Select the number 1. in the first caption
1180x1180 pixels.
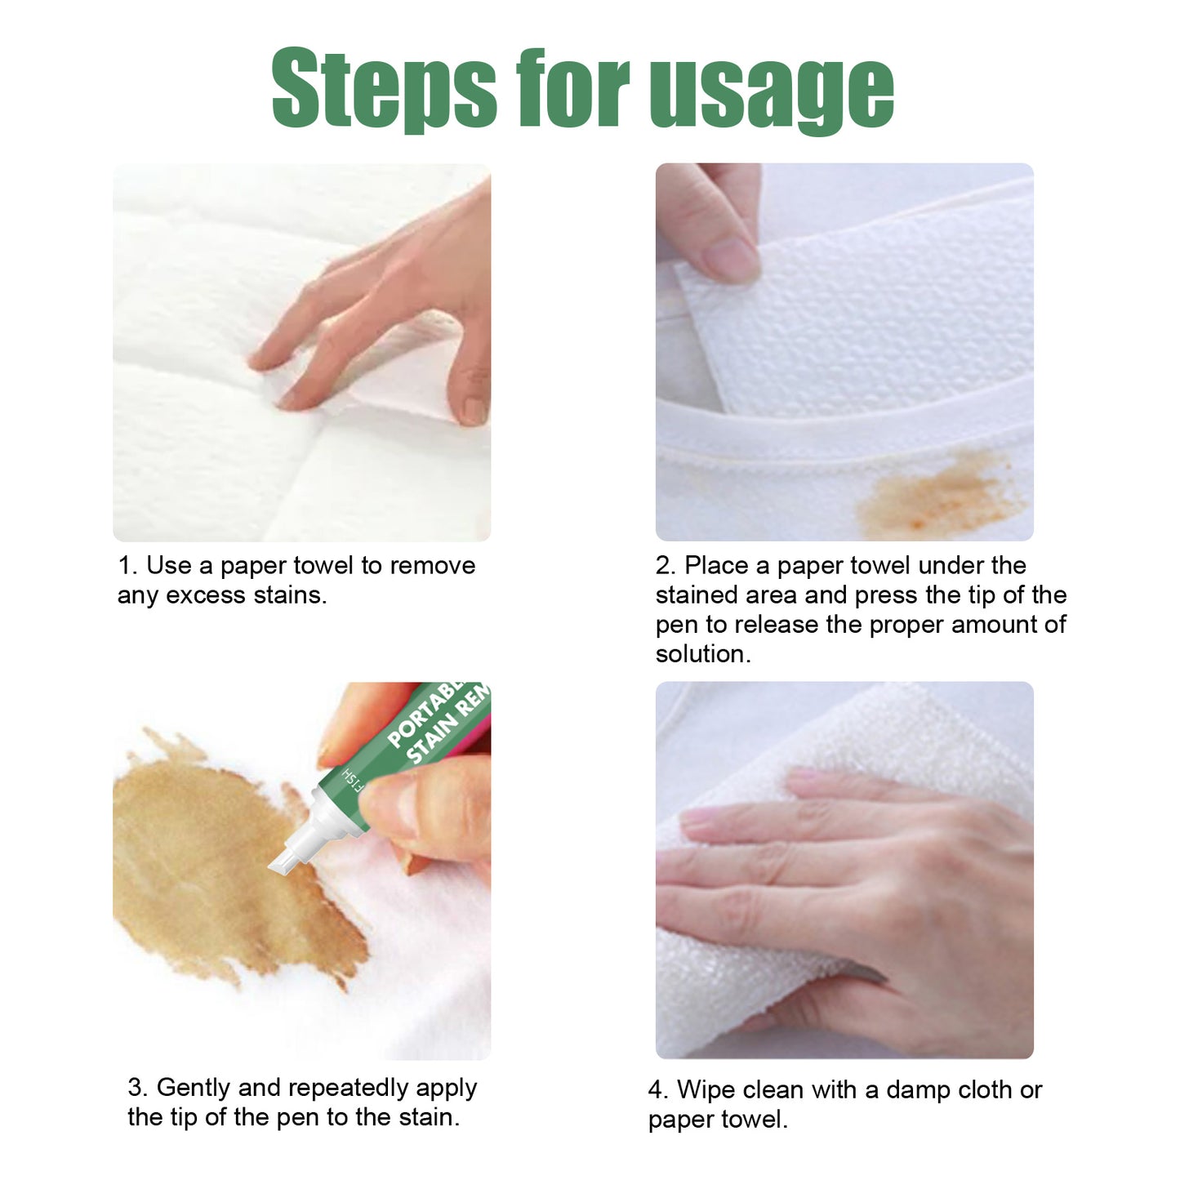coord(128,565)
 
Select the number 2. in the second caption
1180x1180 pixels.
coord(666,565)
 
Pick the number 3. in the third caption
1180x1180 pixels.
coord(138,1088)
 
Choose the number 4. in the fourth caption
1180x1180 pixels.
coord(658,1090)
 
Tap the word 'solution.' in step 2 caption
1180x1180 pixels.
coord(703,654)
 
